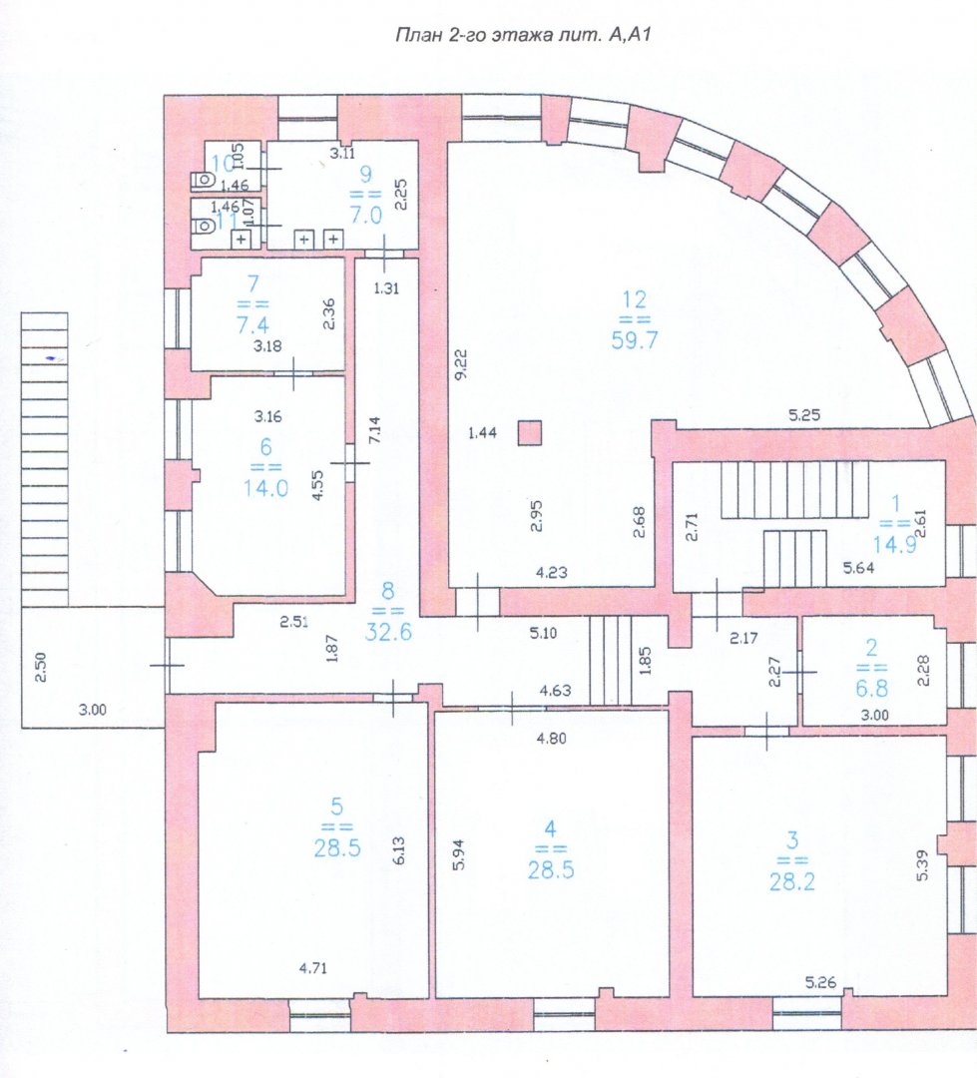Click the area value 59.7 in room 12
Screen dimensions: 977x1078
(x=635, y=339)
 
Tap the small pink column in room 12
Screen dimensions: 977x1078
(x=529, y=433)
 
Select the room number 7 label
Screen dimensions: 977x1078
(x=253, y=283)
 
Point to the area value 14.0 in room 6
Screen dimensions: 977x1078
(x=265, y=488)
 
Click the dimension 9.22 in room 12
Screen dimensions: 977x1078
(x=461, y=363)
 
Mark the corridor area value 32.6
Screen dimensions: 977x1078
(x=388, y=631)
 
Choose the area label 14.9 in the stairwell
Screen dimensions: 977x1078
(x=894, y=545)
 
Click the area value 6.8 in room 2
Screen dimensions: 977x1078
(x=872, y=688)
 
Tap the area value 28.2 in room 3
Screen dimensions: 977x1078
(x=792, y=880)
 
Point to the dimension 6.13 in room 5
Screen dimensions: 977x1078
(x=399, y=850)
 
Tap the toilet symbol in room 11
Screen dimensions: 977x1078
(x=203, y=227)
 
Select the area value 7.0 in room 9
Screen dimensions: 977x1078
(x=366, y=216)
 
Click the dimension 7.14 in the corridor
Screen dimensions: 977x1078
(x=374, y=430)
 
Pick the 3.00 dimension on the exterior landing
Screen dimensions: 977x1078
(x=92, y=711)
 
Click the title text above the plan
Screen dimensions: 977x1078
(x=523, y=35)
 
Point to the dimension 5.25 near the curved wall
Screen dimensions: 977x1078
(x=803, y=415)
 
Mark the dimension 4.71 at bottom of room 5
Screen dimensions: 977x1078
(x=312, y=968)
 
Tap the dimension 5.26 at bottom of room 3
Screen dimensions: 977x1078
(x=821, y=982)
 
